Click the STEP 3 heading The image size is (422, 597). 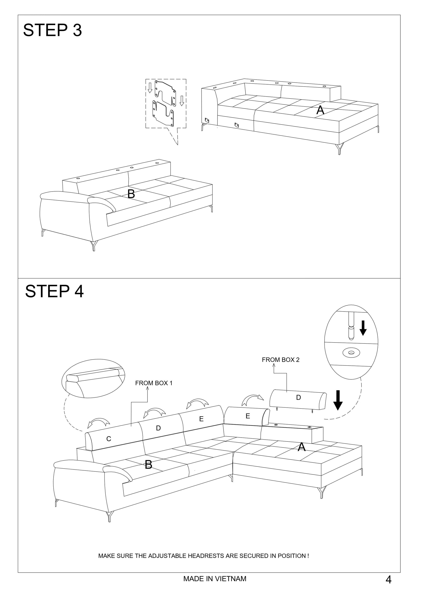pyautogui.click(x=53, y=30)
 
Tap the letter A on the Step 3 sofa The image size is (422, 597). pyautogui.click(x=320, y=110)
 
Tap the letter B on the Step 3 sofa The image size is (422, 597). pyautogui.click(x=131, y=194)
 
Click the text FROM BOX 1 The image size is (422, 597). pyautogui.click(x=154, y=383)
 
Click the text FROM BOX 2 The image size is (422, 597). pyautogui.click(x=280, y=360)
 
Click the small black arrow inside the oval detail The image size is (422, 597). pyautogui.click(x=363, y=328)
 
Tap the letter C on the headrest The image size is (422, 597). pyautogui.click(x=109, y=439)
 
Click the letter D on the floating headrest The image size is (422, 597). pyautogui.click(x=298, y=397)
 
